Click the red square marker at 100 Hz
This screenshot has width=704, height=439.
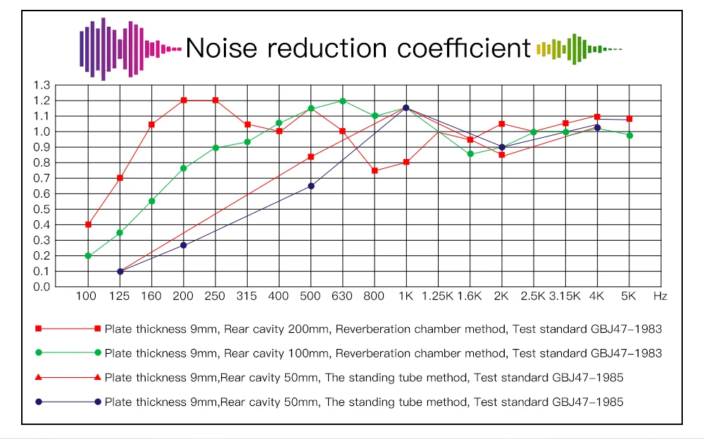click(88, 224)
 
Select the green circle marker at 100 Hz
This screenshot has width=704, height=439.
click(88, 256)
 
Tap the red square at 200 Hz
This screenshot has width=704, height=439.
click(184, 100)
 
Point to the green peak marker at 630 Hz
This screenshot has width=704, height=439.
click(343, 101)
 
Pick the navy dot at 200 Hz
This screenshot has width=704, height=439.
click(184, 246)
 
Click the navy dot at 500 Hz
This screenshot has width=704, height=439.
click(311, 186)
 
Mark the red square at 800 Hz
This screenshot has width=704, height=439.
click(375, 170)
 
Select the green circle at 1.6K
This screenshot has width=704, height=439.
click(470, 154)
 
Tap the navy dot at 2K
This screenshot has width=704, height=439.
click(502, 147)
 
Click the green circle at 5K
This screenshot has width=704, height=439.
click(629, 135)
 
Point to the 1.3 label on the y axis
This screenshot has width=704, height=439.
click(42, 85)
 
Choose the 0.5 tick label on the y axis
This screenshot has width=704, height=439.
click(42, 210)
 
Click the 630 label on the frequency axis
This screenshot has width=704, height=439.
click(343, 296)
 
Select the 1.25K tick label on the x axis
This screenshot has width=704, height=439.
click(437, 296)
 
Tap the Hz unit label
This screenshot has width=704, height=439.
click(660, 296)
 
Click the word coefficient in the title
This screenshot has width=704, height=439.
click(464, 48)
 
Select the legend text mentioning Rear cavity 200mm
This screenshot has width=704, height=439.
click(383, 329)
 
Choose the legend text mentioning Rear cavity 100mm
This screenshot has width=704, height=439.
click(383, 352)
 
